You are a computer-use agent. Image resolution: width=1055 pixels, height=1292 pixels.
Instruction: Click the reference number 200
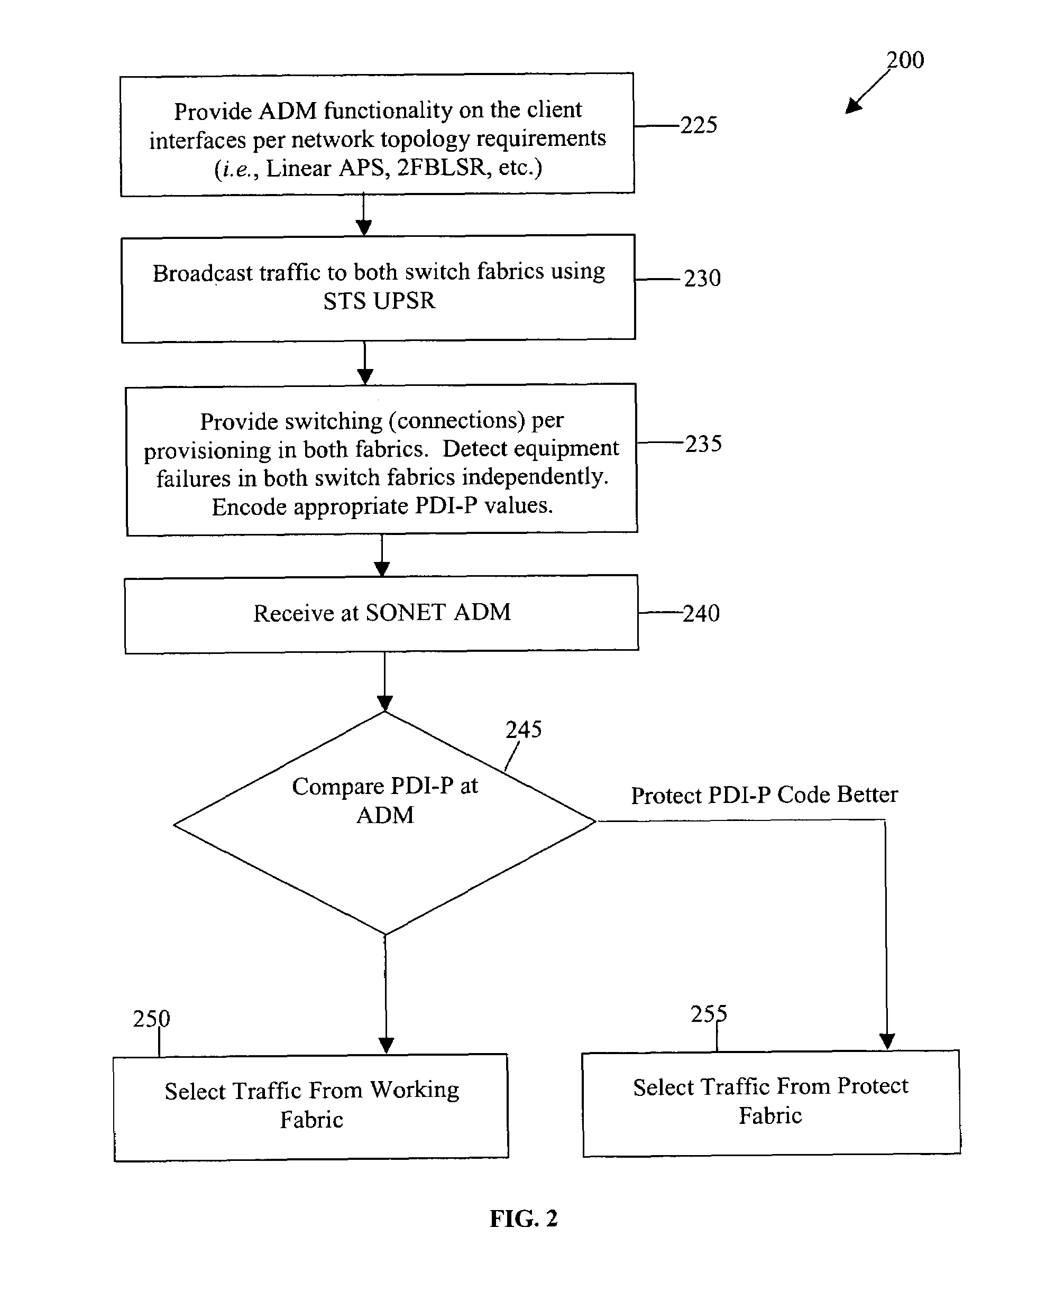pos(905,60)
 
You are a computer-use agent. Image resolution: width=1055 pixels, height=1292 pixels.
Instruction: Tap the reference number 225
pos(699,125)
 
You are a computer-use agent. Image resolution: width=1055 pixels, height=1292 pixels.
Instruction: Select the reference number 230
pos(702,278)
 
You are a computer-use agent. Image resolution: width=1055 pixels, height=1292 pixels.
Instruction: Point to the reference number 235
pos(704,444)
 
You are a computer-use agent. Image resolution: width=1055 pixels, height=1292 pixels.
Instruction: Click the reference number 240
pos(701,614)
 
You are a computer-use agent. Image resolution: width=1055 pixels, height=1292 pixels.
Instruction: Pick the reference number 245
pos(524,730)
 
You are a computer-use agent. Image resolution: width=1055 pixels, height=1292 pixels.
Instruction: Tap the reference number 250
pos(151,1019)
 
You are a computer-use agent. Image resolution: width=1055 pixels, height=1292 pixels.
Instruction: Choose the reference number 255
pos(709,1014)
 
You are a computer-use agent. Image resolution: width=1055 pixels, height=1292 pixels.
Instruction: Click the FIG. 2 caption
pos(524,1219)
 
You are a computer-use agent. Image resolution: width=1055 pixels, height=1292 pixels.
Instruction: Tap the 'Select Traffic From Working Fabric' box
pos(311,1108)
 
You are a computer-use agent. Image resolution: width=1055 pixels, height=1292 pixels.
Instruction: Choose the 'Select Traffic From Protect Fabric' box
pos(771,1103)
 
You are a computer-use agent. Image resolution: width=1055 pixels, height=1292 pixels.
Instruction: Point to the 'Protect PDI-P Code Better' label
pos(765,795)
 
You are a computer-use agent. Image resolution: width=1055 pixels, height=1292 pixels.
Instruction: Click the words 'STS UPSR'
pos(379,301)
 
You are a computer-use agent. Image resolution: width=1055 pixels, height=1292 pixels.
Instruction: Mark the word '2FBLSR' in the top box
pos(443,168)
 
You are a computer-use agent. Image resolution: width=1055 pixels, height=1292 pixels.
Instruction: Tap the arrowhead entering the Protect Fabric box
pos(887,1042)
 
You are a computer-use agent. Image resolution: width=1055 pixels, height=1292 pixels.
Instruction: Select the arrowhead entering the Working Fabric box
pos(386,1045)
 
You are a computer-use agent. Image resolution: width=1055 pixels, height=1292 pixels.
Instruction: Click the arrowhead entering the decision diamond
pos(384,703)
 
